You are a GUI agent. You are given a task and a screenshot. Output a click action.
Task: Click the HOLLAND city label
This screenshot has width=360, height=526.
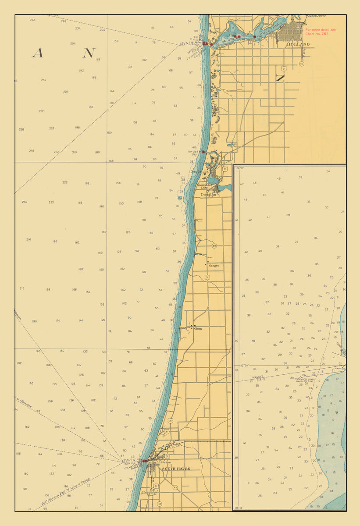point(298,44)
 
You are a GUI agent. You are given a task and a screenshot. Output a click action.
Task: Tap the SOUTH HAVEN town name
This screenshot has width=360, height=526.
point(176,469)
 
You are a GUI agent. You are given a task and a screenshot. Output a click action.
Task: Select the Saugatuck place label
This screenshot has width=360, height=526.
point(200,171)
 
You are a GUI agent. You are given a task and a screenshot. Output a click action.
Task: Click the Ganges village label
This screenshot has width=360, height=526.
point(214,266)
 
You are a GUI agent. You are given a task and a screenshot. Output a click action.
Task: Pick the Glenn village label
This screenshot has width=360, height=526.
point(198,328)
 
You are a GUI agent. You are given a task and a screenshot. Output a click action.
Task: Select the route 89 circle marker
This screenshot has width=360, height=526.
point(214,246)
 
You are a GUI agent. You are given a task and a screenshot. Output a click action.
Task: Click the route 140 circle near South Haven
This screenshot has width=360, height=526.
point(159,504)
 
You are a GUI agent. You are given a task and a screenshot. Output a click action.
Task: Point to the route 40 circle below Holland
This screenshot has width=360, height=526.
point(302,64)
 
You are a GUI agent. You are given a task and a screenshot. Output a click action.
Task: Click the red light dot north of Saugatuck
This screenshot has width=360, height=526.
point(203,152)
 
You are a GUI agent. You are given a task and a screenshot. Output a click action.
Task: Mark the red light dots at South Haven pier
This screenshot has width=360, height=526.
point(144,461)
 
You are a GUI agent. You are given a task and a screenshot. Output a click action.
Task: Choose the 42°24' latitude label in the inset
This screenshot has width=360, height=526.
point(244,365)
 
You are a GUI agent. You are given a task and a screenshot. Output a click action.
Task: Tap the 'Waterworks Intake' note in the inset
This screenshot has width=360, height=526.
point(304,380)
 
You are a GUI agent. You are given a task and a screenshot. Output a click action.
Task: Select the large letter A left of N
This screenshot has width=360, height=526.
point(37,53)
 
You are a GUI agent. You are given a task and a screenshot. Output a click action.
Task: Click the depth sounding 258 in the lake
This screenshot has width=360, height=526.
point(21,130)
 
